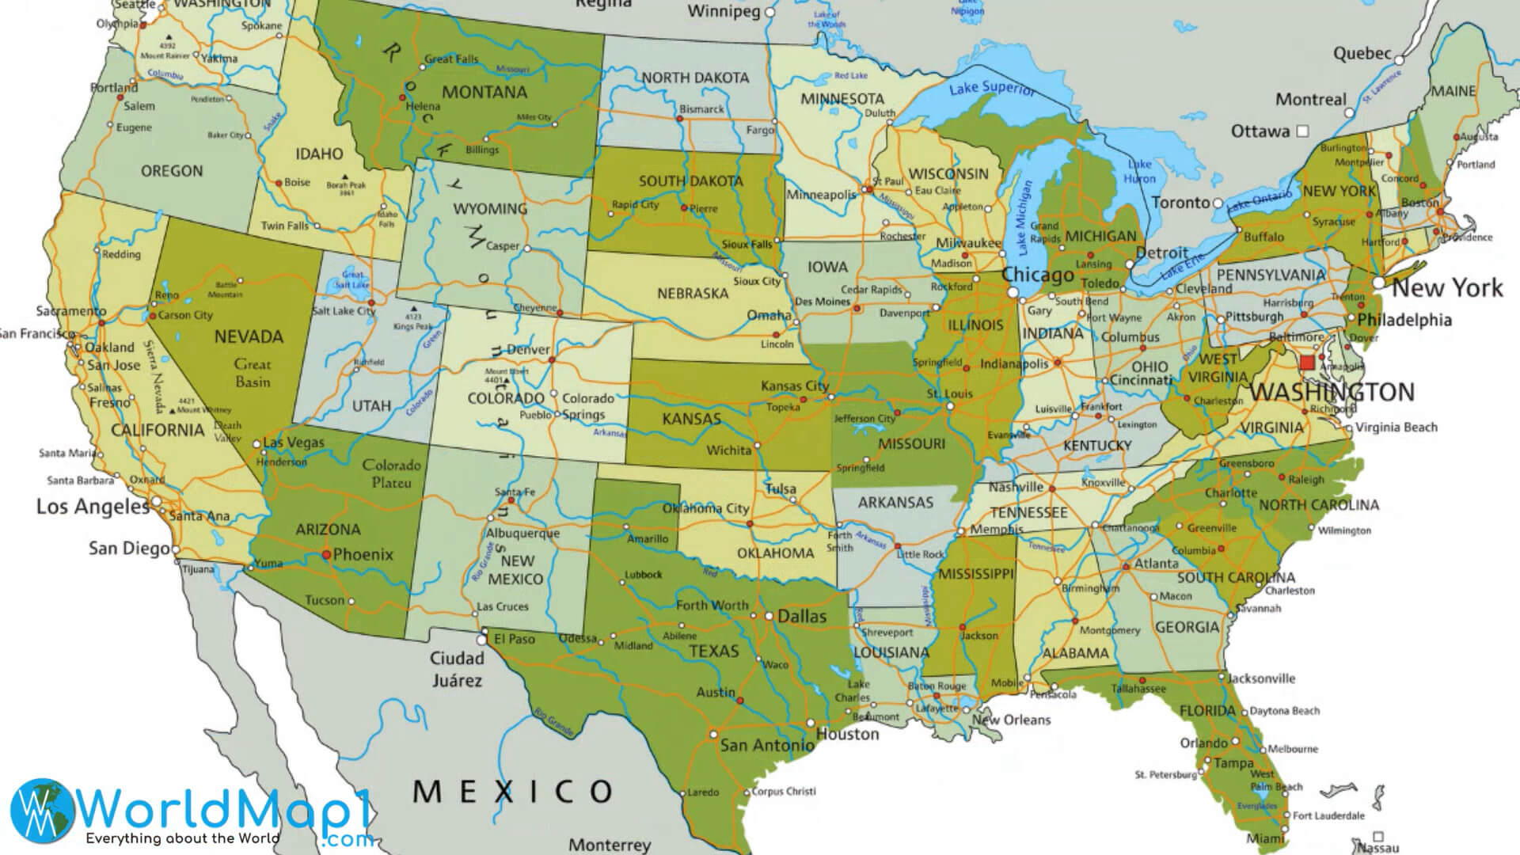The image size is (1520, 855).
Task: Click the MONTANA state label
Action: click(x=484, y=93)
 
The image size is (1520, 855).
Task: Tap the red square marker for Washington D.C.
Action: click(x=1307, y=363)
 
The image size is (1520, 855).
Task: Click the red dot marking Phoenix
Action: click(x=326, y=555)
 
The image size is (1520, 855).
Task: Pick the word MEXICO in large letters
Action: click(x=513, y=791)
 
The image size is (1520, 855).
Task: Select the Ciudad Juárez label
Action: click(x=457, y=669)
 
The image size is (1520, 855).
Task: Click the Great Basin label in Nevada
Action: click(x=252, y=373)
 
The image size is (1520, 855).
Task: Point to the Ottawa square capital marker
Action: click(x=1303, y=131)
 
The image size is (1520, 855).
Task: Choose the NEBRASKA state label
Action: click(x=692, y=294)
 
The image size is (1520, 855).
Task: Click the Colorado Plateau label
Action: click(x=391, y=473)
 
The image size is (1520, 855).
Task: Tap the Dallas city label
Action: click(x=801, y=617)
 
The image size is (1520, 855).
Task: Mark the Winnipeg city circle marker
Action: click(x=770, y=13)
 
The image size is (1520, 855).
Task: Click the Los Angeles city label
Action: click(x=93, y=507)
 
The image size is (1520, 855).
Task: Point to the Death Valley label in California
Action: click(x=227, y=431)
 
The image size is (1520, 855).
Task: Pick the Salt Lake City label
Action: click(x=343, y=311)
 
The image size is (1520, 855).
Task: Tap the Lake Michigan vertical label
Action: click(x=1024, y=218)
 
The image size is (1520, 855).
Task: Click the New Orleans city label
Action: click(x=1011, y=720)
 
